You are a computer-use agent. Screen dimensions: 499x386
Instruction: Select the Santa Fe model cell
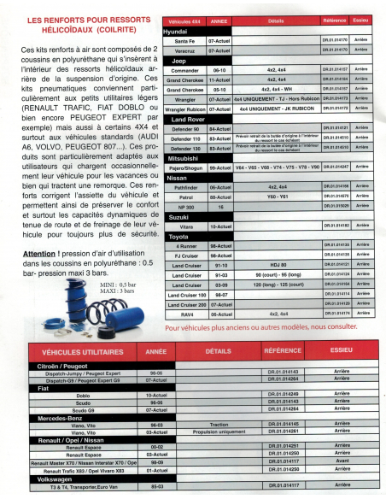click(184, 40)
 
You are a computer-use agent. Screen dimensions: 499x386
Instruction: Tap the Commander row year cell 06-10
click(219, 71)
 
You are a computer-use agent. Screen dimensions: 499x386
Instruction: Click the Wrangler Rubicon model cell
click(184, 109)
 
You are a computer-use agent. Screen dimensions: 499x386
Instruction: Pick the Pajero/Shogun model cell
click(184, 166)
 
